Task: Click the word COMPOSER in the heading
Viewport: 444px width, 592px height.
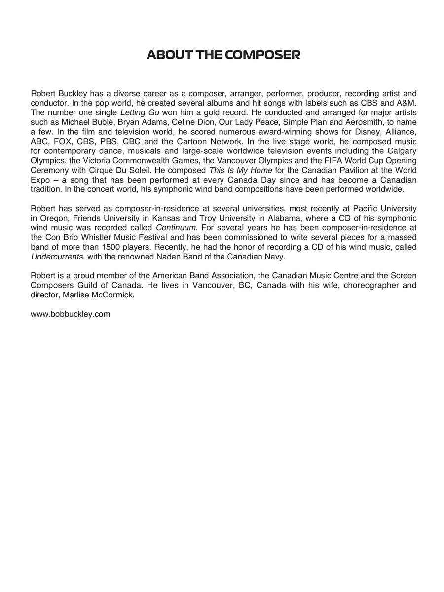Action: point(262,55)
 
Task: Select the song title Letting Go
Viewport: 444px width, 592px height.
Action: point(140,112)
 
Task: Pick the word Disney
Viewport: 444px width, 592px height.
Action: point(356,131)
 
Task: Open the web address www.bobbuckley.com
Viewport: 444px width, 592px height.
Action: point(70,314)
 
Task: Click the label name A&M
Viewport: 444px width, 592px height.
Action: point(406,102)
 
